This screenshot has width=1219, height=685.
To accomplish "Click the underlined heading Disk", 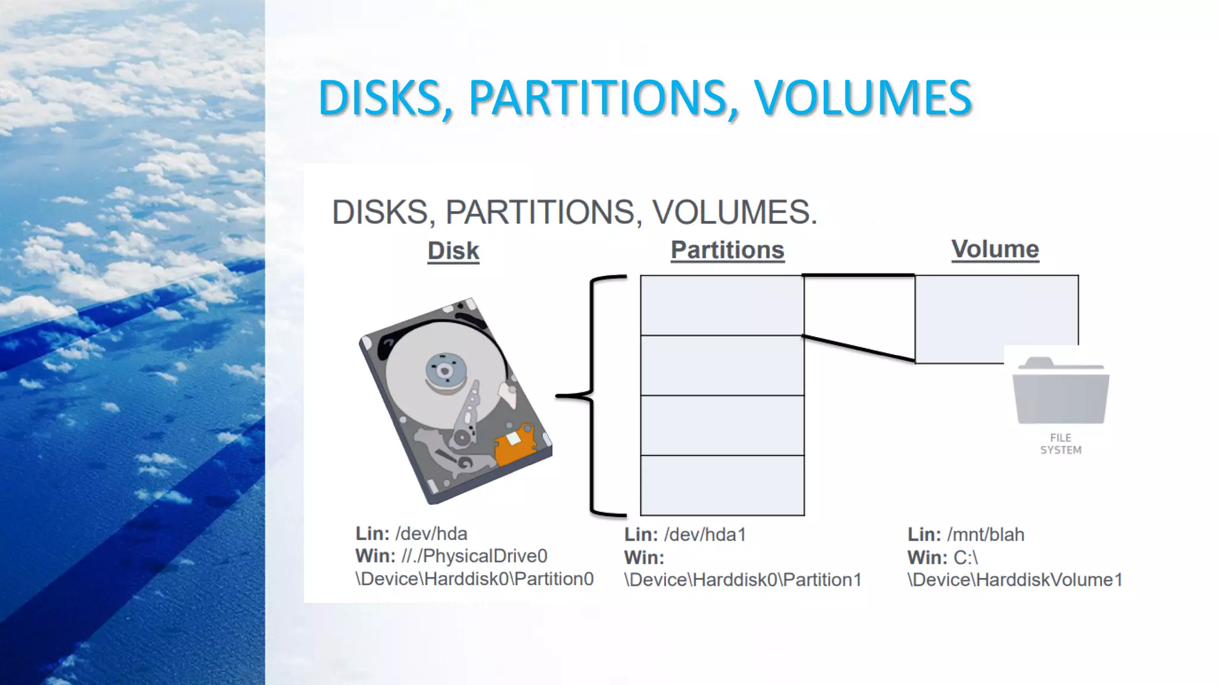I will tap(453, 251).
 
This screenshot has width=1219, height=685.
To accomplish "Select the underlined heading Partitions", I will tap(727, 250).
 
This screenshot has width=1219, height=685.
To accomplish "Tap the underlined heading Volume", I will tap(995, 249).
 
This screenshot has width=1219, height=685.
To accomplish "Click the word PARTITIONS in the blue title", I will tap(599, 98).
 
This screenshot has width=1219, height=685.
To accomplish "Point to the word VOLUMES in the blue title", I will tap(863, 98).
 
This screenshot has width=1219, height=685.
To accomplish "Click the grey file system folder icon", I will tap(1061, 391).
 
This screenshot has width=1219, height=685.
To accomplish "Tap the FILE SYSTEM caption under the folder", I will tap(1061, 444).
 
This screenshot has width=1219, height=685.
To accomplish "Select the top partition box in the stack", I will tap(722, 305).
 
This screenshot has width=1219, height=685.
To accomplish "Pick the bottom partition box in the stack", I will tap(722, 485).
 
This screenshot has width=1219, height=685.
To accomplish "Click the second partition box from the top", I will tap(722, 365).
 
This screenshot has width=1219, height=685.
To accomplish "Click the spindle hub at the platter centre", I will tap(444, 370).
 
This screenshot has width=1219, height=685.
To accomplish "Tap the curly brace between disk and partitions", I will tap(593, 395).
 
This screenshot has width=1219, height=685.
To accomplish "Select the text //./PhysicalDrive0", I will tap(474, 556).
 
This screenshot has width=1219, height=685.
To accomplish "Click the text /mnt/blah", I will tap(986, 535).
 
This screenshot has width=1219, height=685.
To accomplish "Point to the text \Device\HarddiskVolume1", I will tap(1015, 580).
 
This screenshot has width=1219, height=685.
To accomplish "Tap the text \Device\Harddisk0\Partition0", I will tap(474, 579).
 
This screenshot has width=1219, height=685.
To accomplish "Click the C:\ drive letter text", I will tap(965, 558).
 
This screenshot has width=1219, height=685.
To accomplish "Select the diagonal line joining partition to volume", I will tap(858, 348).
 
